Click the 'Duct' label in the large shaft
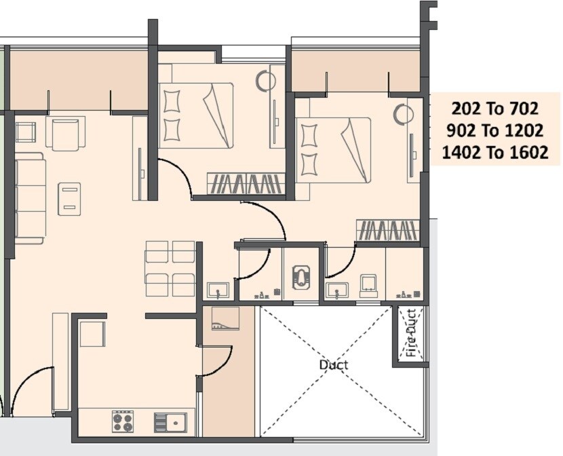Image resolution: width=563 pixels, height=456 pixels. coord(333,365)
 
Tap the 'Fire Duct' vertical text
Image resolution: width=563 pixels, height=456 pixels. coord(411,333)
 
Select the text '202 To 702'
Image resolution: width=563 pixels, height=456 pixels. coord(494,109)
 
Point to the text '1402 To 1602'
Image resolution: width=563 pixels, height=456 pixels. coord(494,153)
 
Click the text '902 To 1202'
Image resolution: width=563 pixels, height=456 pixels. coord(494,130)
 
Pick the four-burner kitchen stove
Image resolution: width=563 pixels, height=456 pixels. coord(123,421)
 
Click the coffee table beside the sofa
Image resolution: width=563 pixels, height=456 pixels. coord(69,199)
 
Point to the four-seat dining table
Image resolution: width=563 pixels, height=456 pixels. coord(170,269)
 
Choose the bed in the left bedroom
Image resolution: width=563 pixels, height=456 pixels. coord(196,115)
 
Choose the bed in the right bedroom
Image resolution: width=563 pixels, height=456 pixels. coord(333,150)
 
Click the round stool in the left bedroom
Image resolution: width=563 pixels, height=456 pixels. coord(265,81)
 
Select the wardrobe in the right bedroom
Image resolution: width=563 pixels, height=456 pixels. coord(388,231)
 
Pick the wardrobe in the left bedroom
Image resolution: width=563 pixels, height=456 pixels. coord(246,184)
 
